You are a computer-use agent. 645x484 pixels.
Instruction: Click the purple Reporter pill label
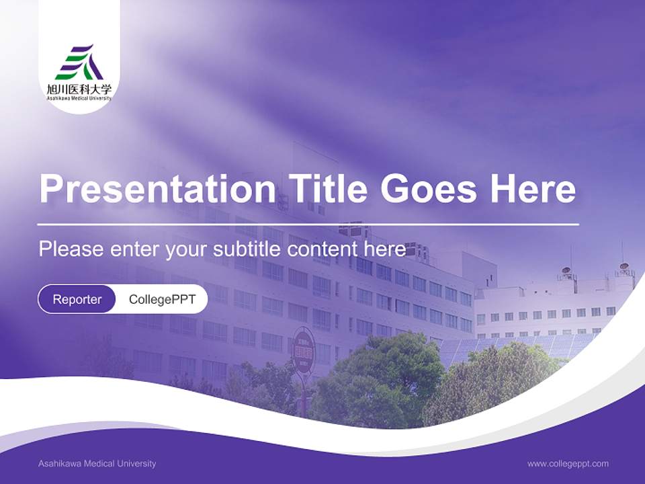(77, 299)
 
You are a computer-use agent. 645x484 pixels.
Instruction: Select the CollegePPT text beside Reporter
(162, 299)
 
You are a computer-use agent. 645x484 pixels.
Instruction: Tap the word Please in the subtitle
(71, 249)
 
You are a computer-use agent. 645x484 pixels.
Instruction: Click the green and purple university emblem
(79, 63)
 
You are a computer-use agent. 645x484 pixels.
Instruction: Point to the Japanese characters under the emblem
(79, 89)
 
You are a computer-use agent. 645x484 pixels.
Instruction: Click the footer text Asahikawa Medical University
(97, 464)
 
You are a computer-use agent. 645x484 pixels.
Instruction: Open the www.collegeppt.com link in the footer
(568, 464)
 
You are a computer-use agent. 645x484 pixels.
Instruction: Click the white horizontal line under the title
(308, 224)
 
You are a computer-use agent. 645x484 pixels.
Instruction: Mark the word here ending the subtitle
(386, 249)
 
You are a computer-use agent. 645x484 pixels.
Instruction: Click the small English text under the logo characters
(79, 98)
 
